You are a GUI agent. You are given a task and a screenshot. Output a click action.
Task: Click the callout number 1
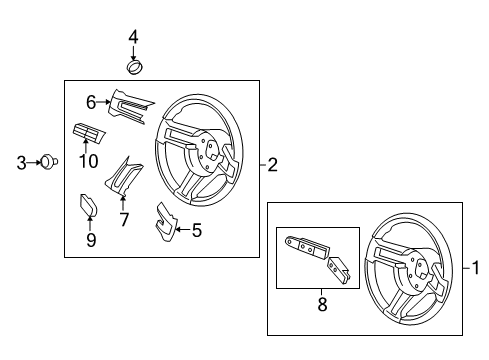tap(476, 267)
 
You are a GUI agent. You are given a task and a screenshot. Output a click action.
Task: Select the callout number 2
tap(271, 166)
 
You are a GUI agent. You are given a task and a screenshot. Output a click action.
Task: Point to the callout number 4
tap(133, 38)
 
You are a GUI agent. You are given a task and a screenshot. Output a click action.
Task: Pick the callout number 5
tap(196, 232)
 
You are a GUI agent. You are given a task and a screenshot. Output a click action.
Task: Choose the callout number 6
tap(90, 101)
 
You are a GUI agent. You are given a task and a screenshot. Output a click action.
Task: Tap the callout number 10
tap(87, 160)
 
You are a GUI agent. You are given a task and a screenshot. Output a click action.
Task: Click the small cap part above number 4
tap(133, 67)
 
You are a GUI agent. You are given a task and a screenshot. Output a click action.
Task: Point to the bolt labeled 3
tap(46, 161)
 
